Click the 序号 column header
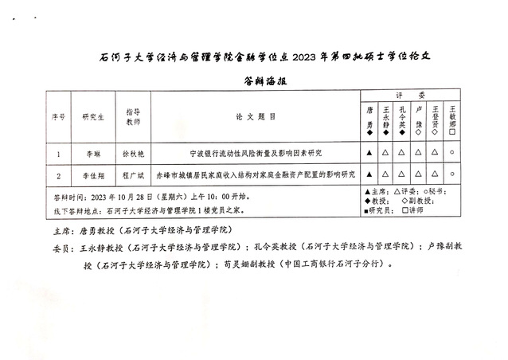tap(59, 116)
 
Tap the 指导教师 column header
tap(132, 116)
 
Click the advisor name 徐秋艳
tap(132, 152)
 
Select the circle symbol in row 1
tap(452, 152)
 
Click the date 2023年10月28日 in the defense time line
tap(117, 196)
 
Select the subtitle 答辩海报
tap(255, 81)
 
